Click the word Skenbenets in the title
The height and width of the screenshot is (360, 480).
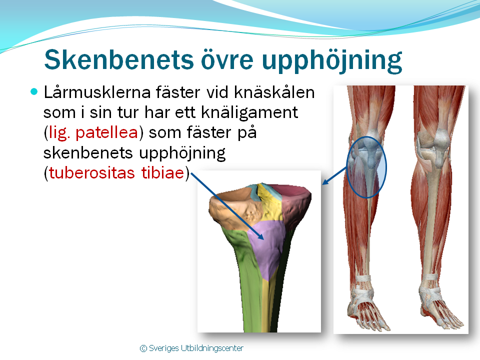coord(119,59)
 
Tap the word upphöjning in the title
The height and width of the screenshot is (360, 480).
coord(332,60)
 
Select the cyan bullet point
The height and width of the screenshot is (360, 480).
coord(34,91)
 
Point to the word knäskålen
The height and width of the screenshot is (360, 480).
coord(274,92)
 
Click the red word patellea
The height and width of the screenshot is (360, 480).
coord(106,133)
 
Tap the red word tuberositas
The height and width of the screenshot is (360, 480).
coord(92,172)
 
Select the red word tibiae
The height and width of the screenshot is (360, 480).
coord(162,172)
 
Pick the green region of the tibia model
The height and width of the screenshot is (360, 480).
coord(248,275)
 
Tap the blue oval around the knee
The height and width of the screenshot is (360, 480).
coord(347,167)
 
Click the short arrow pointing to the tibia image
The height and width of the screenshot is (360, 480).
coord(334,175)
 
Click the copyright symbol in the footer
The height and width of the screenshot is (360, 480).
coord(143,348)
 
